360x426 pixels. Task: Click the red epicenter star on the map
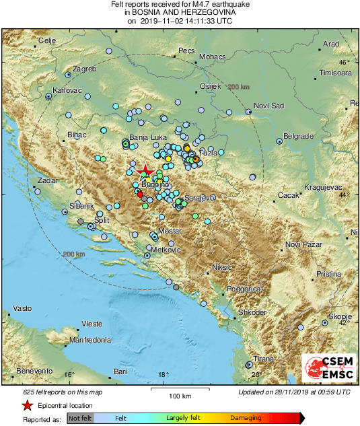(143, 169)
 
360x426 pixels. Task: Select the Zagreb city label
(85, 69)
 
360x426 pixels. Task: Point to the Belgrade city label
(299, 136)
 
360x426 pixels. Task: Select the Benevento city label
(34, 371)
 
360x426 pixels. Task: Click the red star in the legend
(26, 405)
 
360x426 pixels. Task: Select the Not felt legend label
(80, 418)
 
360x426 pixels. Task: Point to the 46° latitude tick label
(345, 62)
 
